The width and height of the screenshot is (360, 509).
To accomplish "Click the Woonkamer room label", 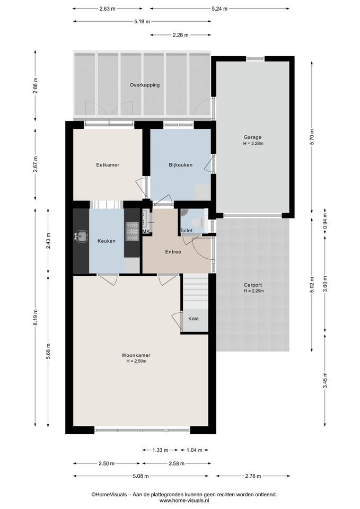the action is pyautogui.click(x=136, y=355).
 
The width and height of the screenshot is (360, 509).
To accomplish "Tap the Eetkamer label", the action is pyautogui.click(x=108, y=165).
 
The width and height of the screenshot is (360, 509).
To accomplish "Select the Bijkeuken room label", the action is pyautogui.click(x=180, y=165).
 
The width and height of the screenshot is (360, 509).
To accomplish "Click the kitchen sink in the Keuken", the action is pyautogui.click(x=81, y=236).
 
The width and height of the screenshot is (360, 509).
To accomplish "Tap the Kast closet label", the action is pyautogui.click(x=194, y=319).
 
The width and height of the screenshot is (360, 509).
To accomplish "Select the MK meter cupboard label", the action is pyautogui.click(x=146, y=231).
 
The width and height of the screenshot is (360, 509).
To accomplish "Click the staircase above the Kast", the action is pyautogui.click(x=196, y=291).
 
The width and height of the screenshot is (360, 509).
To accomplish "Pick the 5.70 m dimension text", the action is pyautogui.click(x=312, y=137).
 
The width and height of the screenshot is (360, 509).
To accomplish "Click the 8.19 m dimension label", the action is pyautogui.click(x=35, y=317).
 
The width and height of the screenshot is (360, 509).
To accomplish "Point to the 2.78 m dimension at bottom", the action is pyautogui.click(x=253, y=476).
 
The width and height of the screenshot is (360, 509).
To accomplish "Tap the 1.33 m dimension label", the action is pyautogui.click(x=160, y=450).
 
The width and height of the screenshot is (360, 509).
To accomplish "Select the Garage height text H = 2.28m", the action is pyautogui.click(x=253, y=144).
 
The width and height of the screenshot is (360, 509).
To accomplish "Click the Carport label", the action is pyautogui.click(x=253, y=285).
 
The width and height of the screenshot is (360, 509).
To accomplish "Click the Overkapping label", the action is pyautogui.click(x=145, y=85).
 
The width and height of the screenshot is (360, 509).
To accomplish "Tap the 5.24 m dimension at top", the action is pyautogui.click(x=219, y=9).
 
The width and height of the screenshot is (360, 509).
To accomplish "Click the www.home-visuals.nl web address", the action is pyautogui.click(x=184, y=501).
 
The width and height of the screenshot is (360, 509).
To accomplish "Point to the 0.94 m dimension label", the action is pyautogui.click(x=325, y=221).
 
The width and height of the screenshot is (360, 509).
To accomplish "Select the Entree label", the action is pyautogui.click(x=173, y=251).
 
